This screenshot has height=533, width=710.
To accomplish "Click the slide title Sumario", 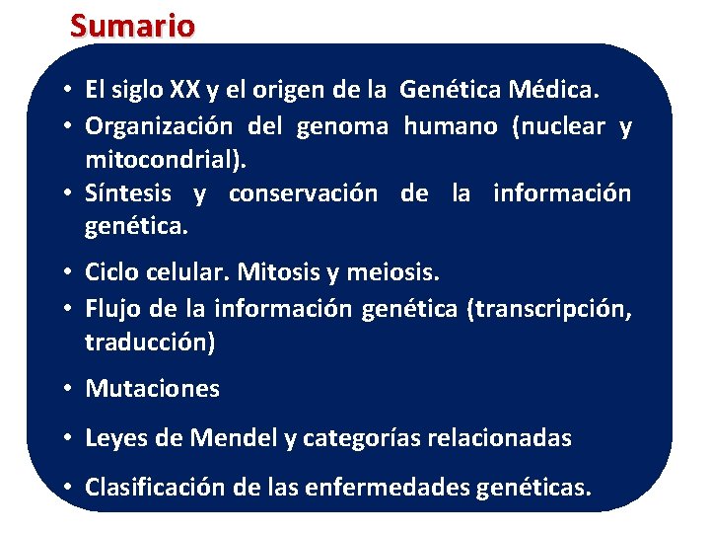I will pos(132,25).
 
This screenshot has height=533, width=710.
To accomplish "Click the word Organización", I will pos(159,126).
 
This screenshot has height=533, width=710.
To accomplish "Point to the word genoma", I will pos(343,126).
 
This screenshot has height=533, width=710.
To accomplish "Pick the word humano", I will pos(451,126).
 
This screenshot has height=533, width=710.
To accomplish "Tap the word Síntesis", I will pos(128,193).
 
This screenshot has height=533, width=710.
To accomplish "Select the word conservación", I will pos(302,193).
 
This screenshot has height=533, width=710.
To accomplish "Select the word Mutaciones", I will pos(153,389).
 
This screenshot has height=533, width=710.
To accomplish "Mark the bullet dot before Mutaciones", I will pos(72,389).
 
